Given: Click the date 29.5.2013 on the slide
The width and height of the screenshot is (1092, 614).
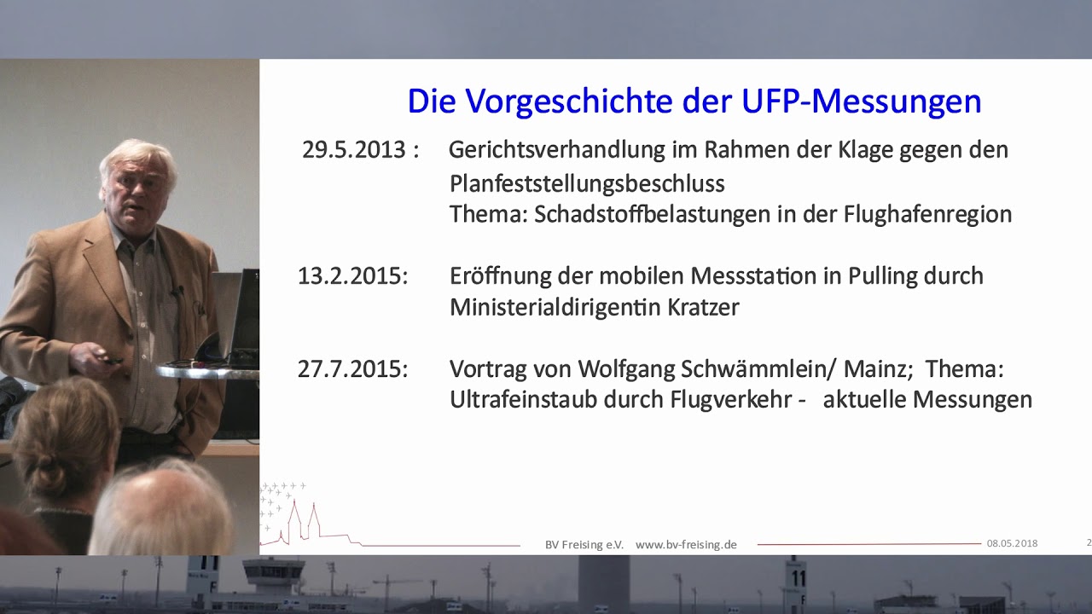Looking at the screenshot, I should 353,150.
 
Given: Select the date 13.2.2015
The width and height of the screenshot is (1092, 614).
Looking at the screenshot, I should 352,276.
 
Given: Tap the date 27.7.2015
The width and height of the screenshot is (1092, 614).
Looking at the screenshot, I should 352,369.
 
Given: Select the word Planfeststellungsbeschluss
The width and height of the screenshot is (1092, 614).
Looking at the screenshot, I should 587,183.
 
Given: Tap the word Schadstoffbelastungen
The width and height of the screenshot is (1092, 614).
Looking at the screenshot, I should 653,214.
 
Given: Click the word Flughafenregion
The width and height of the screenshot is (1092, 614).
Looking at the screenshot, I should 927,214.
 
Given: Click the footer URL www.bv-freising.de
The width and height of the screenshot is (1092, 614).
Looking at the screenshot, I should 686,544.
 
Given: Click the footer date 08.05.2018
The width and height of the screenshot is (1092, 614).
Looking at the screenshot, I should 1012,543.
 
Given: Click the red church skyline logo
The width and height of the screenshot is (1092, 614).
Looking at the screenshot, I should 303,520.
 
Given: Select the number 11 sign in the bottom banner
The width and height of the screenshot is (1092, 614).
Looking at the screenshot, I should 798,578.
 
